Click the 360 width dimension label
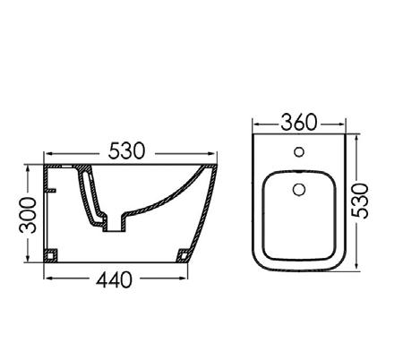tap(298, 122)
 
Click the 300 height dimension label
tap(28, 215)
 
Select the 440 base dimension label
tap(114, 279)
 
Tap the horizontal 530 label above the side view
tap(126, 150)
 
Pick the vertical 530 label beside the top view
tap(360, 201)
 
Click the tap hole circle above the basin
tap(299, 152)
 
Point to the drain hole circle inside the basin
tap(299, 190)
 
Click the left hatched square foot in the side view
tap(51, 255)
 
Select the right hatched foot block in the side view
tap(184, 255)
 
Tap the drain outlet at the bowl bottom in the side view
tap(114, 225)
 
